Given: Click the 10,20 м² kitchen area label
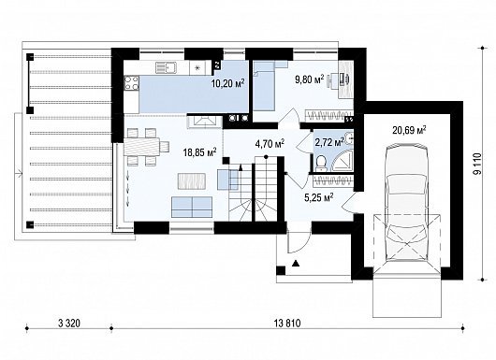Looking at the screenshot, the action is point(227,83).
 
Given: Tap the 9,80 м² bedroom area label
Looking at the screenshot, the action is point(310,79).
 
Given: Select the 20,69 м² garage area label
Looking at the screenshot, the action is point(409,130).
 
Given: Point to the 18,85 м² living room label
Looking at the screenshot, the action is point(199,152).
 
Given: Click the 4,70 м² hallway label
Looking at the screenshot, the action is point(270,144).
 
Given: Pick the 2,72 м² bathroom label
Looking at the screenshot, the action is point(329,142).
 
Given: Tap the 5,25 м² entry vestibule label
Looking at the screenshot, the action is point(318,197).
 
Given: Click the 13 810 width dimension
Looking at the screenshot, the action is point(287,324).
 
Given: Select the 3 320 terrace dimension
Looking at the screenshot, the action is point(69,324).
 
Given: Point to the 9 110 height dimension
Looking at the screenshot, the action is point(477,164).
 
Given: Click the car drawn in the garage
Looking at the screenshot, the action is point(406,202).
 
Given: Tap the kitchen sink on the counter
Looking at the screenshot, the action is point(167,67).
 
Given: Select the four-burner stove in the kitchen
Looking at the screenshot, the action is point(132,83).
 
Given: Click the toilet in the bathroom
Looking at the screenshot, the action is point(321,162).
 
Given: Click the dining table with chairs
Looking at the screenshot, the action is point(143,147).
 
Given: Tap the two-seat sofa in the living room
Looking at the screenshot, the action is point(192,207).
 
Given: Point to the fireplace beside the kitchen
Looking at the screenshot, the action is point(204,122).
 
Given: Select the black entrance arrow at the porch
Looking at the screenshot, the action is point(296,263).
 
